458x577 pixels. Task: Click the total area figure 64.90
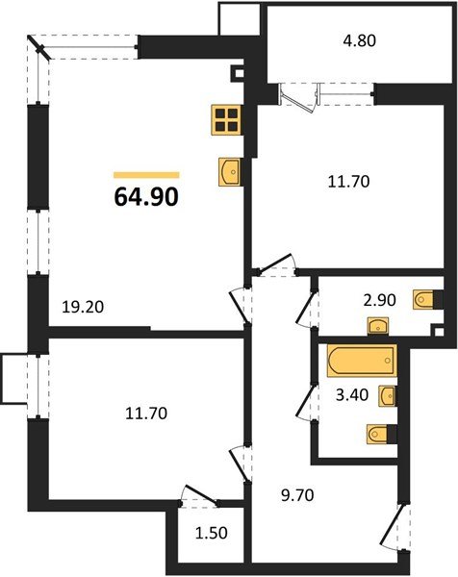(145, 198)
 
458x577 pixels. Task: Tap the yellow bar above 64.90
(145, 175)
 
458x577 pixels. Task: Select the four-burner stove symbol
(228, 119)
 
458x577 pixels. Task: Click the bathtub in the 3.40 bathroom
(360, 362)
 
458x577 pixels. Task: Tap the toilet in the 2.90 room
(424, 300)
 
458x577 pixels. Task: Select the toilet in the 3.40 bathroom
(380, 436)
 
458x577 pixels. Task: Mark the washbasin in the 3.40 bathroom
(388, 395)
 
